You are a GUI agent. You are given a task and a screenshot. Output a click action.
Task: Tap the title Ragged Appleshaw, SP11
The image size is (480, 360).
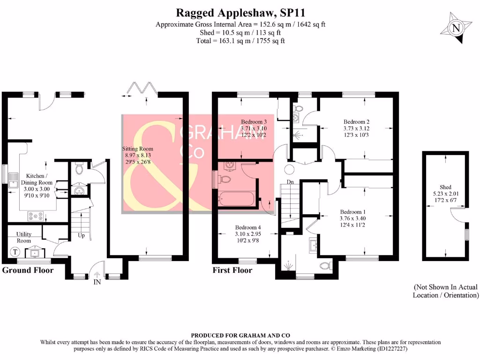click(x=240, y=12)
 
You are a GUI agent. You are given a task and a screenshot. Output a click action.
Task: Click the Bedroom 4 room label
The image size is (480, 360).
click(x=249, y=227)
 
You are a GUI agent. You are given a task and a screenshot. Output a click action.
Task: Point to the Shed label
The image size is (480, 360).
click(x=445, y=187)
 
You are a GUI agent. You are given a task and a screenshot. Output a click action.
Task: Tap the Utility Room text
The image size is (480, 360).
click(x=24, y=237)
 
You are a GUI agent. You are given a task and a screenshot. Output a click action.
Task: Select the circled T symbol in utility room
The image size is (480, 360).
click(x=15, y=252)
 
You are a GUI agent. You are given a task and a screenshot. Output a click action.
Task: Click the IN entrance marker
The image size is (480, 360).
click(x=97, y=282)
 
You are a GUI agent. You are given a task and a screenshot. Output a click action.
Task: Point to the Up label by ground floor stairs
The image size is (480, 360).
click(x=81, y=236)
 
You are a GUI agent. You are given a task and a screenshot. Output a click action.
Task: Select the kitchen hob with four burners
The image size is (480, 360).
click(x=37, y=216)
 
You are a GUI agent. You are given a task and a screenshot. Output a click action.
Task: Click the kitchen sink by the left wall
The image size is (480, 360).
click(x=13, y=180)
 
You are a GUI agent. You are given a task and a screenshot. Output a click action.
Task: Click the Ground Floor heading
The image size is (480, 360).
click(x=28, y=270)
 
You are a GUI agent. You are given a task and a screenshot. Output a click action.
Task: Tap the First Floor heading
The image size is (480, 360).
click(x=232, y=270)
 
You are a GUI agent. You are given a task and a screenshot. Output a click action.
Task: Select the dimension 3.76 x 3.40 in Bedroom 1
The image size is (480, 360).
click(x=355, y=217)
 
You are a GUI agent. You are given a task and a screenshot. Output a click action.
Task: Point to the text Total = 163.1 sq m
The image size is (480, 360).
click(x=240, y=41)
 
